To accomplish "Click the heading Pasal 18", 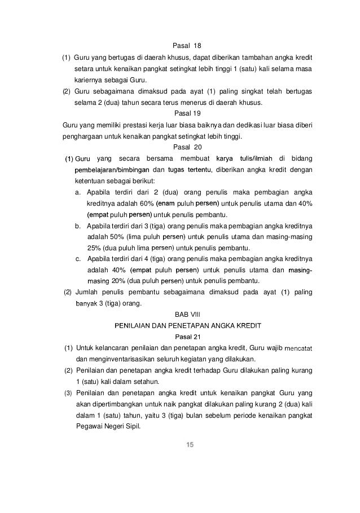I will pos(181,46).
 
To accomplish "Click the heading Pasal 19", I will pos(181,113).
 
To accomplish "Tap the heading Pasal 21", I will pos(181,336).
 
